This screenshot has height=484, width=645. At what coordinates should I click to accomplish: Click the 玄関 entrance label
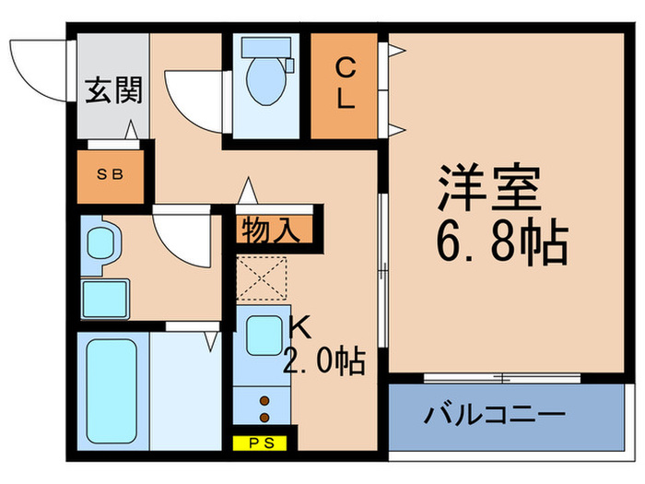[x=113, y=93]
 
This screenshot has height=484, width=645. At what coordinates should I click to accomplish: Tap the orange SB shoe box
[x=111, y=174]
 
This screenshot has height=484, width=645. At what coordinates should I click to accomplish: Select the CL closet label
[x=345, y=82]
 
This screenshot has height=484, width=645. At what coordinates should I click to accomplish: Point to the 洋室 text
[x=487, y=190]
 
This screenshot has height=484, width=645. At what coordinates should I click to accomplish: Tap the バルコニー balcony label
[x=494, y=416]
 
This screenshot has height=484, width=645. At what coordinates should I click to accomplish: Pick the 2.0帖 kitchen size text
[x=324, y=360]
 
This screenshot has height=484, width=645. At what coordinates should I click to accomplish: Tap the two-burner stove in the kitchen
[x=264, y=408]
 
